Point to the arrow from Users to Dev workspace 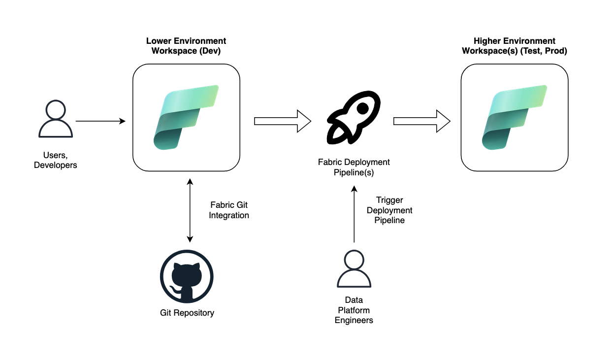click(100, 121)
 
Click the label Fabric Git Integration click(229, 210)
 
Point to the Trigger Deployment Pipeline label click(389, 210)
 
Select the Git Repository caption click(187, 313)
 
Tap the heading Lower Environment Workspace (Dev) click(186, 46)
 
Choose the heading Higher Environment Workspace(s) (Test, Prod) click(514, 46)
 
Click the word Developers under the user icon click(56, 165)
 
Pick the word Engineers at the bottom click(354, 321)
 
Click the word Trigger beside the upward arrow click(389, 200)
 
